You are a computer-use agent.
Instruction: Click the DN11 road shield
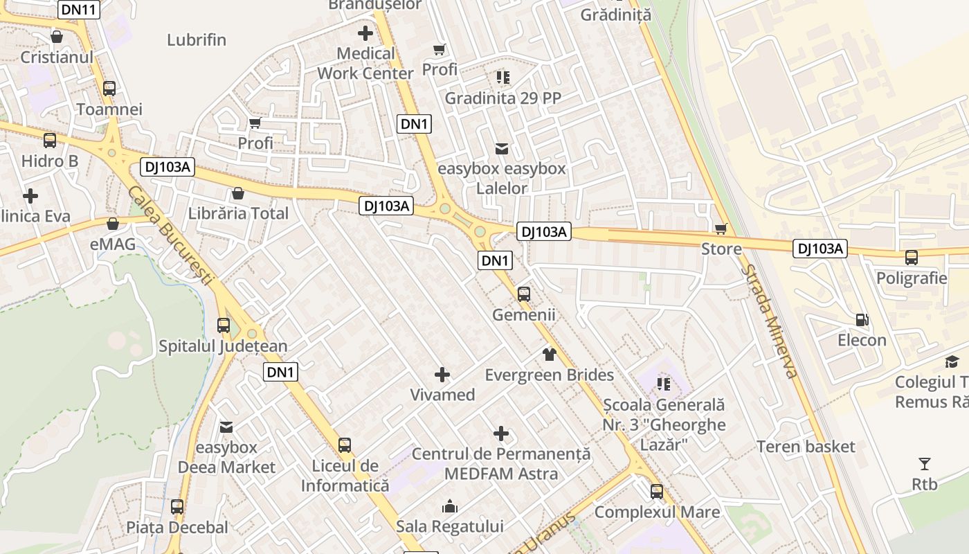(78, 9)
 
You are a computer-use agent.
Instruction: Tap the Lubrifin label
(197, 39)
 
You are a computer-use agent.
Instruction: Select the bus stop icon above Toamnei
(109, 89)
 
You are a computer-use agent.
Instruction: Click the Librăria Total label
(239, 213)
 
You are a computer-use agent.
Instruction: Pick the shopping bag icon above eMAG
(113, 224)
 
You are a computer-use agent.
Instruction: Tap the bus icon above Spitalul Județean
(224, 325)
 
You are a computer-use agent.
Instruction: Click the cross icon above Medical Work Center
(365, 33)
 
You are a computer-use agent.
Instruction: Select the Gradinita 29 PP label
(502, 98)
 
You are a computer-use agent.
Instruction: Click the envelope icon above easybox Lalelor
(502, 148)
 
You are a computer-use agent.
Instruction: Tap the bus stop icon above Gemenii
(524, 294)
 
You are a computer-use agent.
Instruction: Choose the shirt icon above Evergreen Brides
(550, 355)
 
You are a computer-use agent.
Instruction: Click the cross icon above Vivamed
(442, 375)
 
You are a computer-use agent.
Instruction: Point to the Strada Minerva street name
(770, 321)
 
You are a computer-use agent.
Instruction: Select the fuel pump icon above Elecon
(862, 320)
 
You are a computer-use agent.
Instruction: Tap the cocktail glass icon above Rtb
(925, 464)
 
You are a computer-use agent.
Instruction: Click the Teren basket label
(806, 447)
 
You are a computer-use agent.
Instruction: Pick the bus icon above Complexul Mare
(657, 492)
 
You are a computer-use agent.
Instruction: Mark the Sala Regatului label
(450, 526)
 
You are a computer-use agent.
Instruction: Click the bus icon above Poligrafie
(912, 258)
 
